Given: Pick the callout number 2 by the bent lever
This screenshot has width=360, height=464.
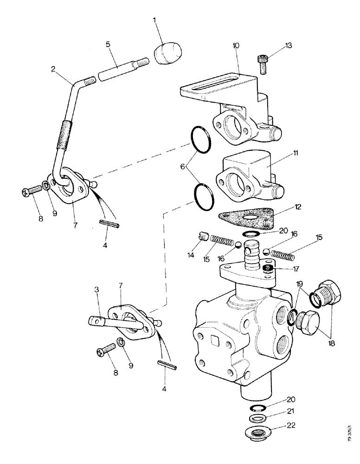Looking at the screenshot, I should [x=54, y=69].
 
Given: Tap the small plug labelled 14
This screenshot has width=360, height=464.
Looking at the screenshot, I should [x=202, y=237].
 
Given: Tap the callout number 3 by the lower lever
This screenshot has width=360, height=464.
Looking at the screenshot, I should [x=96, y=290].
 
